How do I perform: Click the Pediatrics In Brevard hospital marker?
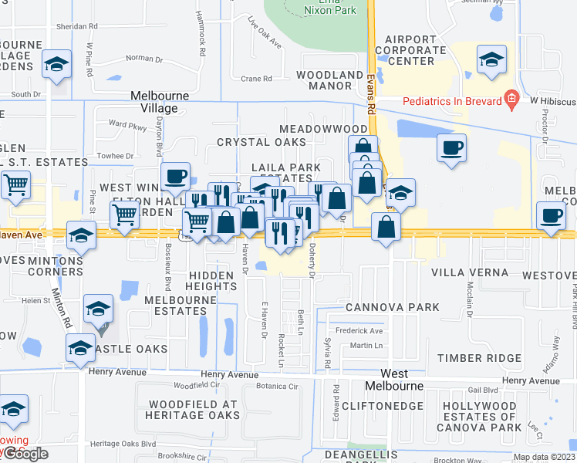pyautogui.click(x=510, y=99)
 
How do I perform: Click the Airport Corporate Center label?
pyautogui.click(x=415, y=50)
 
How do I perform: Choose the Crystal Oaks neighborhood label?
pyautogui.click(x=261, y=142)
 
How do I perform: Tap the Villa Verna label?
pyautogui.click(x=469, y=272)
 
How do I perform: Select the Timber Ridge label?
pyautogui.click(x=481, y=358)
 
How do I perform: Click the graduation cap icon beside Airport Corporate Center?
pyautogui.click(x=491, y=60)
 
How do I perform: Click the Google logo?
pyautogui.click(x=25, y=454)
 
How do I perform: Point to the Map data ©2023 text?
pyautogui.click(x=544, y=457)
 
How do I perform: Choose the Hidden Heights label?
pyautogui.click(x=211, y=281)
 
